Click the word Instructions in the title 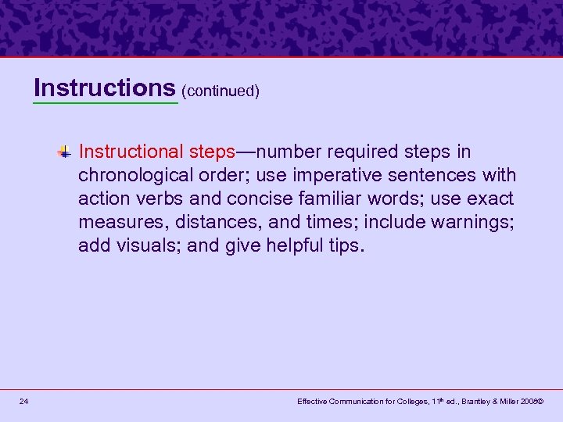coord(106,88)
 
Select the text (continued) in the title coord(221,91)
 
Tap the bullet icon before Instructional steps coord(67,152)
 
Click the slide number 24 coord(25,402)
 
